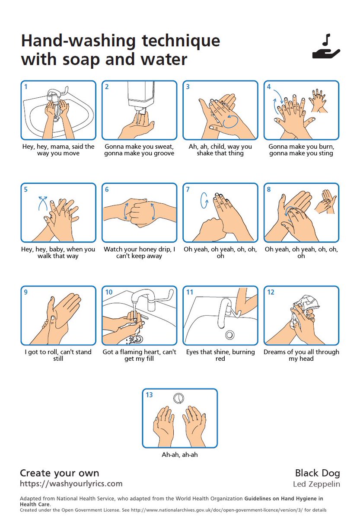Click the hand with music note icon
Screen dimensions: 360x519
[x=326, y=48]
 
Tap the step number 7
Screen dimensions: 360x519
[x=188, y=189]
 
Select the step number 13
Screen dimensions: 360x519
[x=149, y=395]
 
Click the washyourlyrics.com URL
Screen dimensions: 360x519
[x=71, y=484]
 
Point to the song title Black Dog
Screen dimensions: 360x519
[x=317, y=473]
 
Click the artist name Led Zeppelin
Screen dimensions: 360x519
[x=316, y=484]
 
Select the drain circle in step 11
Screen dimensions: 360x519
[x=230, y=334]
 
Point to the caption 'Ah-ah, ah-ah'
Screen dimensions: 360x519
[x=179, y=455]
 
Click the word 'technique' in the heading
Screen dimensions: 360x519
[x=175, y=41]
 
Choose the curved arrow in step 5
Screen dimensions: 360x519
[x=42, y=202]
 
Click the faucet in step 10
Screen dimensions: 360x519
[x=143, y=298]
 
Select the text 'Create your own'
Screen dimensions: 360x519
[x=59, y=473]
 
